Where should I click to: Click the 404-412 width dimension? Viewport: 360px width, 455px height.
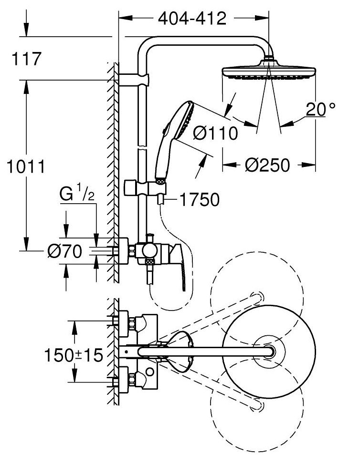coord(192,19)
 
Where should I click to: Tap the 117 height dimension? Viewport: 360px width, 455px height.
coord(26,59)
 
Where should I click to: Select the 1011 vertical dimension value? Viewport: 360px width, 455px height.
coord(26,166)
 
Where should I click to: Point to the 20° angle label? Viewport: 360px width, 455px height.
coord(320,109)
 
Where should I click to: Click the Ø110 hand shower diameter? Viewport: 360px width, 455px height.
coord(216,134)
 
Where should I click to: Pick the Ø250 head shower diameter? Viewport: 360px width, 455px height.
coord(267,165)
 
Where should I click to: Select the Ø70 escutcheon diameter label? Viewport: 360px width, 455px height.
coord(65,251)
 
